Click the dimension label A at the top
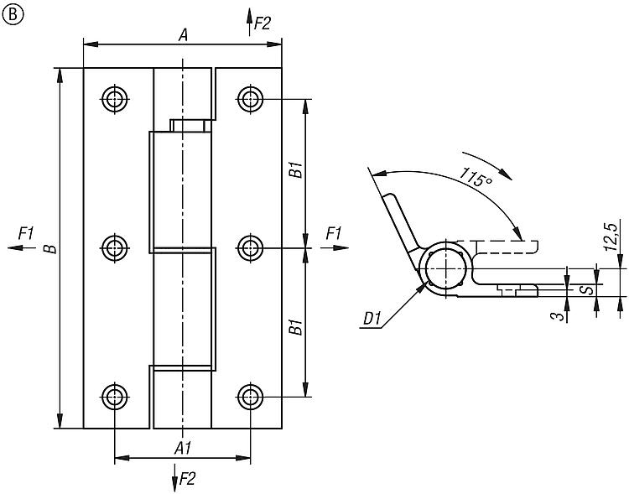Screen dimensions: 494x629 pos(183,34)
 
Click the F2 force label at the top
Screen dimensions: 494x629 pos(263,23)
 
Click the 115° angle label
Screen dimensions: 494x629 pos(475,179)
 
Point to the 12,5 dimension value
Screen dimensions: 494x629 pos(611,235)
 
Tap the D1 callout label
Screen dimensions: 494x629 pos(372,319)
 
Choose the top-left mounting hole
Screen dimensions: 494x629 pos(115,98)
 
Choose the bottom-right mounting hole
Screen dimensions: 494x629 pos(250,396)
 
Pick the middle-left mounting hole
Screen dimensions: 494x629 pos(115,247)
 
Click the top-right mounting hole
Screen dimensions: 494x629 pos(250,98)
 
